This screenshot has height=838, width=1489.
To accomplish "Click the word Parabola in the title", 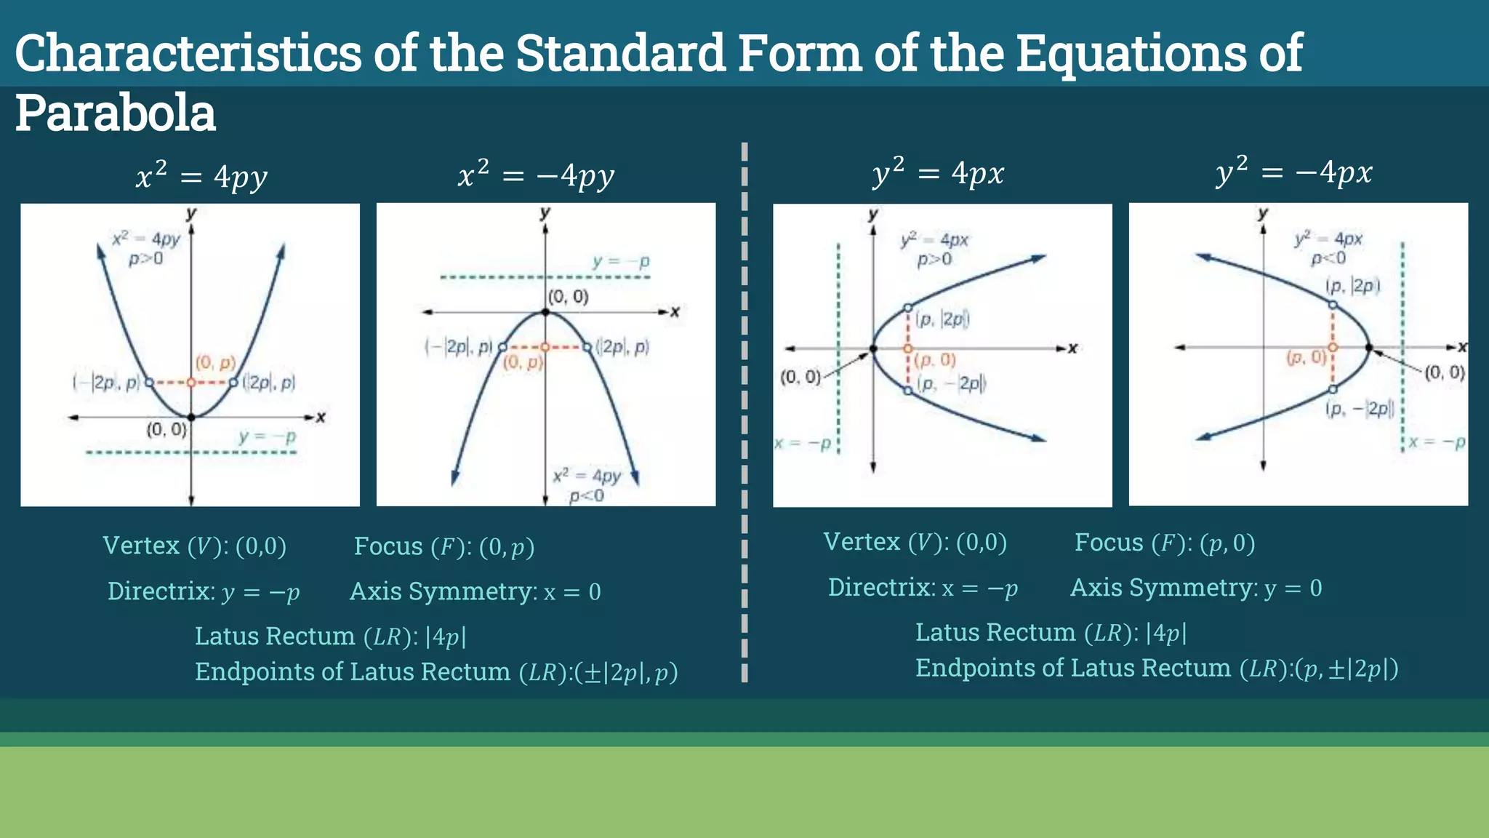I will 116,113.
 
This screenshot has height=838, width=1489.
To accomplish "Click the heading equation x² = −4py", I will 536,175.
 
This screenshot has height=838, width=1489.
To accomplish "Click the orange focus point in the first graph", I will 191,383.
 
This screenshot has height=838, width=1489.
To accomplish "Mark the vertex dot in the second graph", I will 545,313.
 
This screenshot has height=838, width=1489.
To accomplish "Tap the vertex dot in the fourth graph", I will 1369,348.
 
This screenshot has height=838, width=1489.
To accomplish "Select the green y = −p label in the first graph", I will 267,437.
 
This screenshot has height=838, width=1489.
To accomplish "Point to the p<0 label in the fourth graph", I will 1328,258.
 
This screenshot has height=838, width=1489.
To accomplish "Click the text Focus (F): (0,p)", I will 444,546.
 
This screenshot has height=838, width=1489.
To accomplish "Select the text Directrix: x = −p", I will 923,588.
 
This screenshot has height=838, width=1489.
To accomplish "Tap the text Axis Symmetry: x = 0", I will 475,591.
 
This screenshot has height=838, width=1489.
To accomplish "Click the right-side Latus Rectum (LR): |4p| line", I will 1051,633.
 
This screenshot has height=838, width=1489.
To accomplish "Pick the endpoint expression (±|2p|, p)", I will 626,672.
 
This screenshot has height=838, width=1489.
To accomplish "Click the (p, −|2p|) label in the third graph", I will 952,383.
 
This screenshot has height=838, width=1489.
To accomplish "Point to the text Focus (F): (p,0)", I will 1165,543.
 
